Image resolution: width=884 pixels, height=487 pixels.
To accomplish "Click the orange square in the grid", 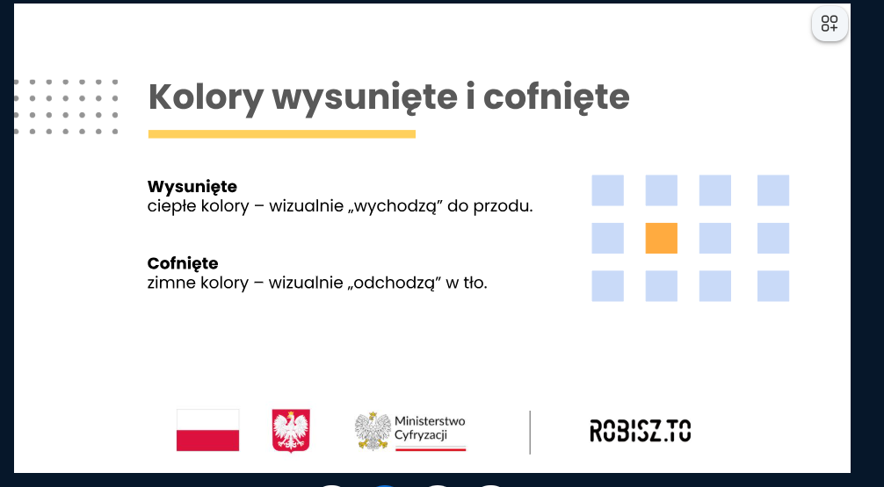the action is click(x=662, y=238).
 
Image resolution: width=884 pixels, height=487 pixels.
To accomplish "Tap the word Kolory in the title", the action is click(x=206, y=97).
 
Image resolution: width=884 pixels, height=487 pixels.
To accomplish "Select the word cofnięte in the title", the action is click(x=556, y=97).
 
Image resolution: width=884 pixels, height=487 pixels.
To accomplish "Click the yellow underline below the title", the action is click(x=282, y=134).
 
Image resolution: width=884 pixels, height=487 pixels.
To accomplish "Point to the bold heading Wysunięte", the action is click(x=192, y=186).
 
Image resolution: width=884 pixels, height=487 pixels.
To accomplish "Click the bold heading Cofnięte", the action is click(x=183, y=263).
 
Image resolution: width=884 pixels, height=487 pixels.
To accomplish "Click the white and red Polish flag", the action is click(x=207, y=430).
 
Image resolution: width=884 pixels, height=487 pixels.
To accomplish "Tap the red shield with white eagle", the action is click(x=291, y=431).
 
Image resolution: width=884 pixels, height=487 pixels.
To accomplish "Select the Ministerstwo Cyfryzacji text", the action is click(x=430, y=428).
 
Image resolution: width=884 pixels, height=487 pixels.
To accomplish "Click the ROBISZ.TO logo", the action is click(x=640, y=431).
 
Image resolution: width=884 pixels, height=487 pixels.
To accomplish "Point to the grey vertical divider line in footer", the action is click(x=530, y=432).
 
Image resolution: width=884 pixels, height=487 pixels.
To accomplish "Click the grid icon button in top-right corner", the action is click(x=830, y=24).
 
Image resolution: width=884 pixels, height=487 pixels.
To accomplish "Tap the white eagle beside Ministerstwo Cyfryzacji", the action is click(x=373, y=431).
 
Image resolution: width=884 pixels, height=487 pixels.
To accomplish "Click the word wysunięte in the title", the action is click(x=365, y=97).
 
